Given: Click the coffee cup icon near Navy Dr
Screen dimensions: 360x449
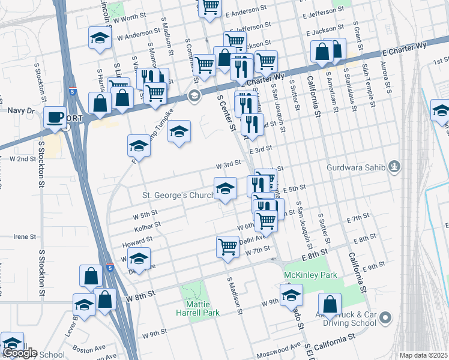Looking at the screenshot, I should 56,117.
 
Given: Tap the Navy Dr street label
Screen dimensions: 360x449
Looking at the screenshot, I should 23,110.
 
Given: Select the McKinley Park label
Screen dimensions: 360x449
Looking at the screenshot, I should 304,275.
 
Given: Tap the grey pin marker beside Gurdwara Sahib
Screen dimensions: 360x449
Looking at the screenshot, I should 394,166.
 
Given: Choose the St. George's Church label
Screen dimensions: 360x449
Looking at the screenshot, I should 178,195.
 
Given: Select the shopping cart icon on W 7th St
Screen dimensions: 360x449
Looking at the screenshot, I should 228,246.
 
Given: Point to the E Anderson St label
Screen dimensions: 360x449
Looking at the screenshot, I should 245,11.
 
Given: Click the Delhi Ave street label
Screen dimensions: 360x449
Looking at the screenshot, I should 251,239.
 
